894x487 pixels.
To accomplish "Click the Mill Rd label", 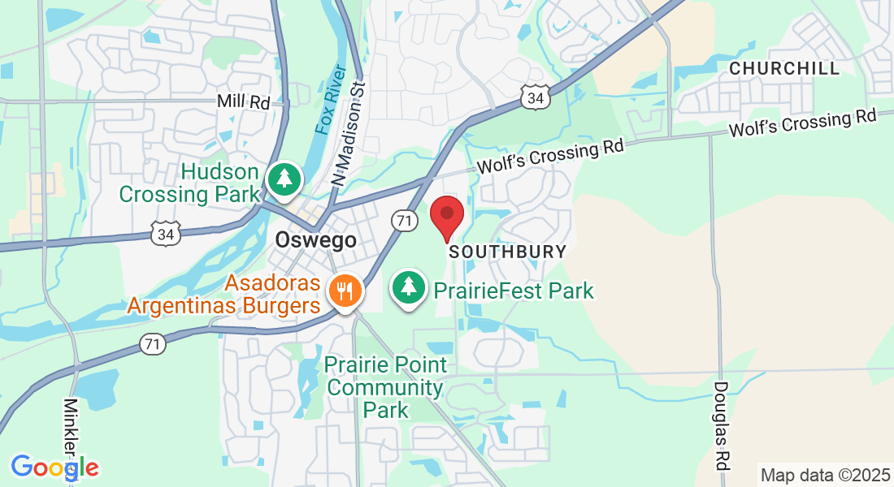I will (243, 101).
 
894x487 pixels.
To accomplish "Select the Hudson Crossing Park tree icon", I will (284, 179).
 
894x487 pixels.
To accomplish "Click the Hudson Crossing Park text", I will (189, 183).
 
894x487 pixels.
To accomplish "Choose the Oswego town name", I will (315, 240).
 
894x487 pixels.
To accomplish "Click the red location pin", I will (447, 217).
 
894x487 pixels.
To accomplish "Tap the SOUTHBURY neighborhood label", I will (507, 252).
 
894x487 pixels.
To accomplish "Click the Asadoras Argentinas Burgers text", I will (223, 295).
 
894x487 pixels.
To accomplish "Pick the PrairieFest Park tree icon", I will (410, 287).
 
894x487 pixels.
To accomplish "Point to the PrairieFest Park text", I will (513, 290).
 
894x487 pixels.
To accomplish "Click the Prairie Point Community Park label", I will (385, 387).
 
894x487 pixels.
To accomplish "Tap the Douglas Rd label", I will (721, 425).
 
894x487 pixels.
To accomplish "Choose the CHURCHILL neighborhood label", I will (784, 69).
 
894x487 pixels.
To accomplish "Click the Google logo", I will (54, 468).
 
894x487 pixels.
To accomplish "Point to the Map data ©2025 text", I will (824, 474).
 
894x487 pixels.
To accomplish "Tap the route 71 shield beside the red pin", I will (403, 219).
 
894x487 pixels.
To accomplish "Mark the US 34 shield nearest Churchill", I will (535, 98).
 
